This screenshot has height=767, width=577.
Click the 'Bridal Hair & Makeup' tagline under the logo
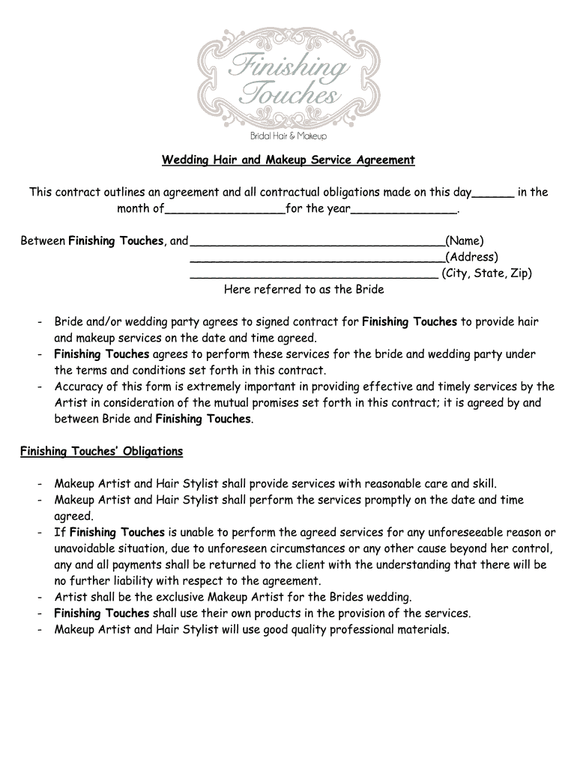[x=288, y=136]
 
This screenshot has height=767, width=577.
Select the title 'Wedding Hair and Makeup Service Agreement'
[x=288, y=160]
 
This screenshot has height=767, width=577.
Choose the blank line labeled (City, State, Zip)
[x=314, y=276]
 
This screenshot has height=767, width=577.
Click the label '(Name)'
[x=465, y=240]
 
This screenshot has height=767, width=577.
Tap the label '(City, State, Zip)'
[x=487, y=273]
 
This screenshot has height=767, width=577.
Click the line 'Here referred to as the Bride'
[x=303, y=289]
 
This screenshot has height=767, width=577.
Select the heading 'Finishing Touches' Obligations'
[x=101, y=452]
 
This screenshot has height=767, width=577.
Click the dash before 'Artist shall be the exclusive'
[x=38, y=597]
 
